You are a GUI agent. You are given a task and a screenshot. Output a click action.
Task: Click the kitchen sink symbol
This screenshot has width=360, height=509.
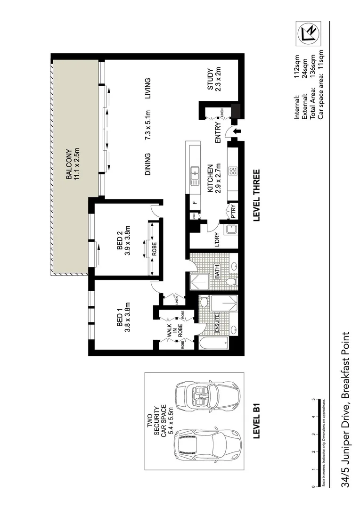194,175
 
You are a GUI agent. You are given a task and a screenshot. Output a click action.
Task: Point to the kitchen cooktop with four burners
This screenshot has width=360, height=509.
232,172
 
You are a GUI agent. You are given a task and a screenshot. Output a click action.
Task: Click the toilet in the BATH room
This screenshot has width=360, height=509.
230,281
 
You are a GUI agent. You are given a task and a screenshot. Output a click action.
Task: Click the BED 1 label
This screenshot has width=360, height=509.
120,317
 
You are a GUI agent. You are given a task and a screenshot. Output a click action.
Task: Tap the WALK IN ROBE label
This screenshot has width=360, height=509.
173,332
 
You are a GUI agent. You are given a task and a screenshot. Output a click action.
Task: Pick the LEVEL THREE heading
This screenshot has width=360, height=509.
257,196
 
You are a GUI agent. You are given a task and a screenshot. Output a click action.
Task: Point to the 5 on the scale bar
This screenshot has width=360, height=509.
313,399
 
